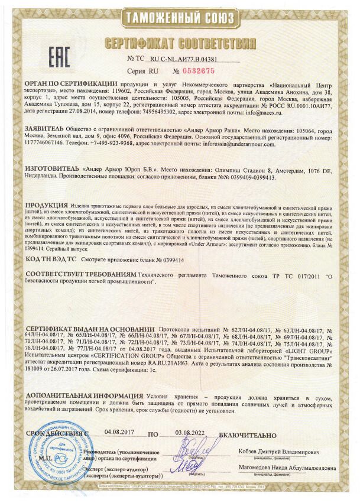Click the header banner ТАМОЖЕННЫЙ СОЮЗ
click(180, 18)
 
